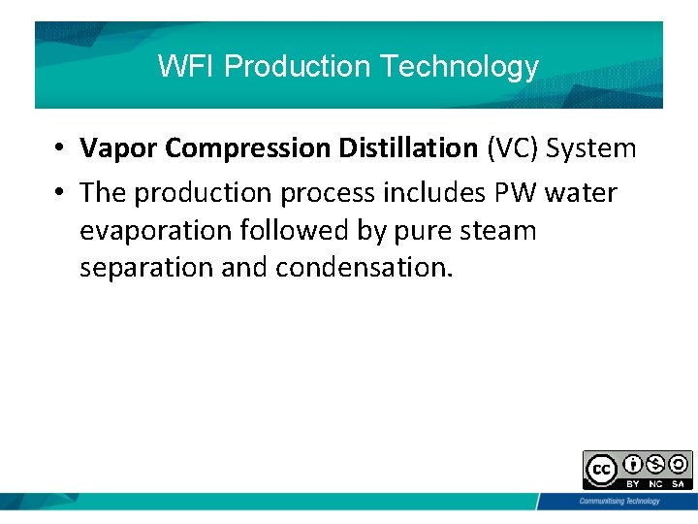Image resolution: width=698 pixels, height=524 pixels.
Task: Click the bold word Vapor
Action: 119,148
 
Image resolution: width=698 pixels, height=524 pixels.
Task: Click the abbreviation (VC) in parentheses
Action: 513,148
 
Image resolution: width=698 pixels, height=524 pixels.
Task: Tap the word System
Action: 591,148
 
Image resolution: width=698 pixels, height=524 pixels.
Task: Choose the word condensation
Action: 364,268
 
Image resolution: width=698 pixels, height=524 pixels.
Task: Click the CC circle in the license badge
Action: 601,470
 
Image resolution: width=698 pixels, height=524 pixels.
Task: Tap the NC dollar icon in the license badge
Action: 655,464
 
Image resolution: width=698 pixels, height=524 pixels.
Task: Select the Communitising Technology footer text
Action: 619,501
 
